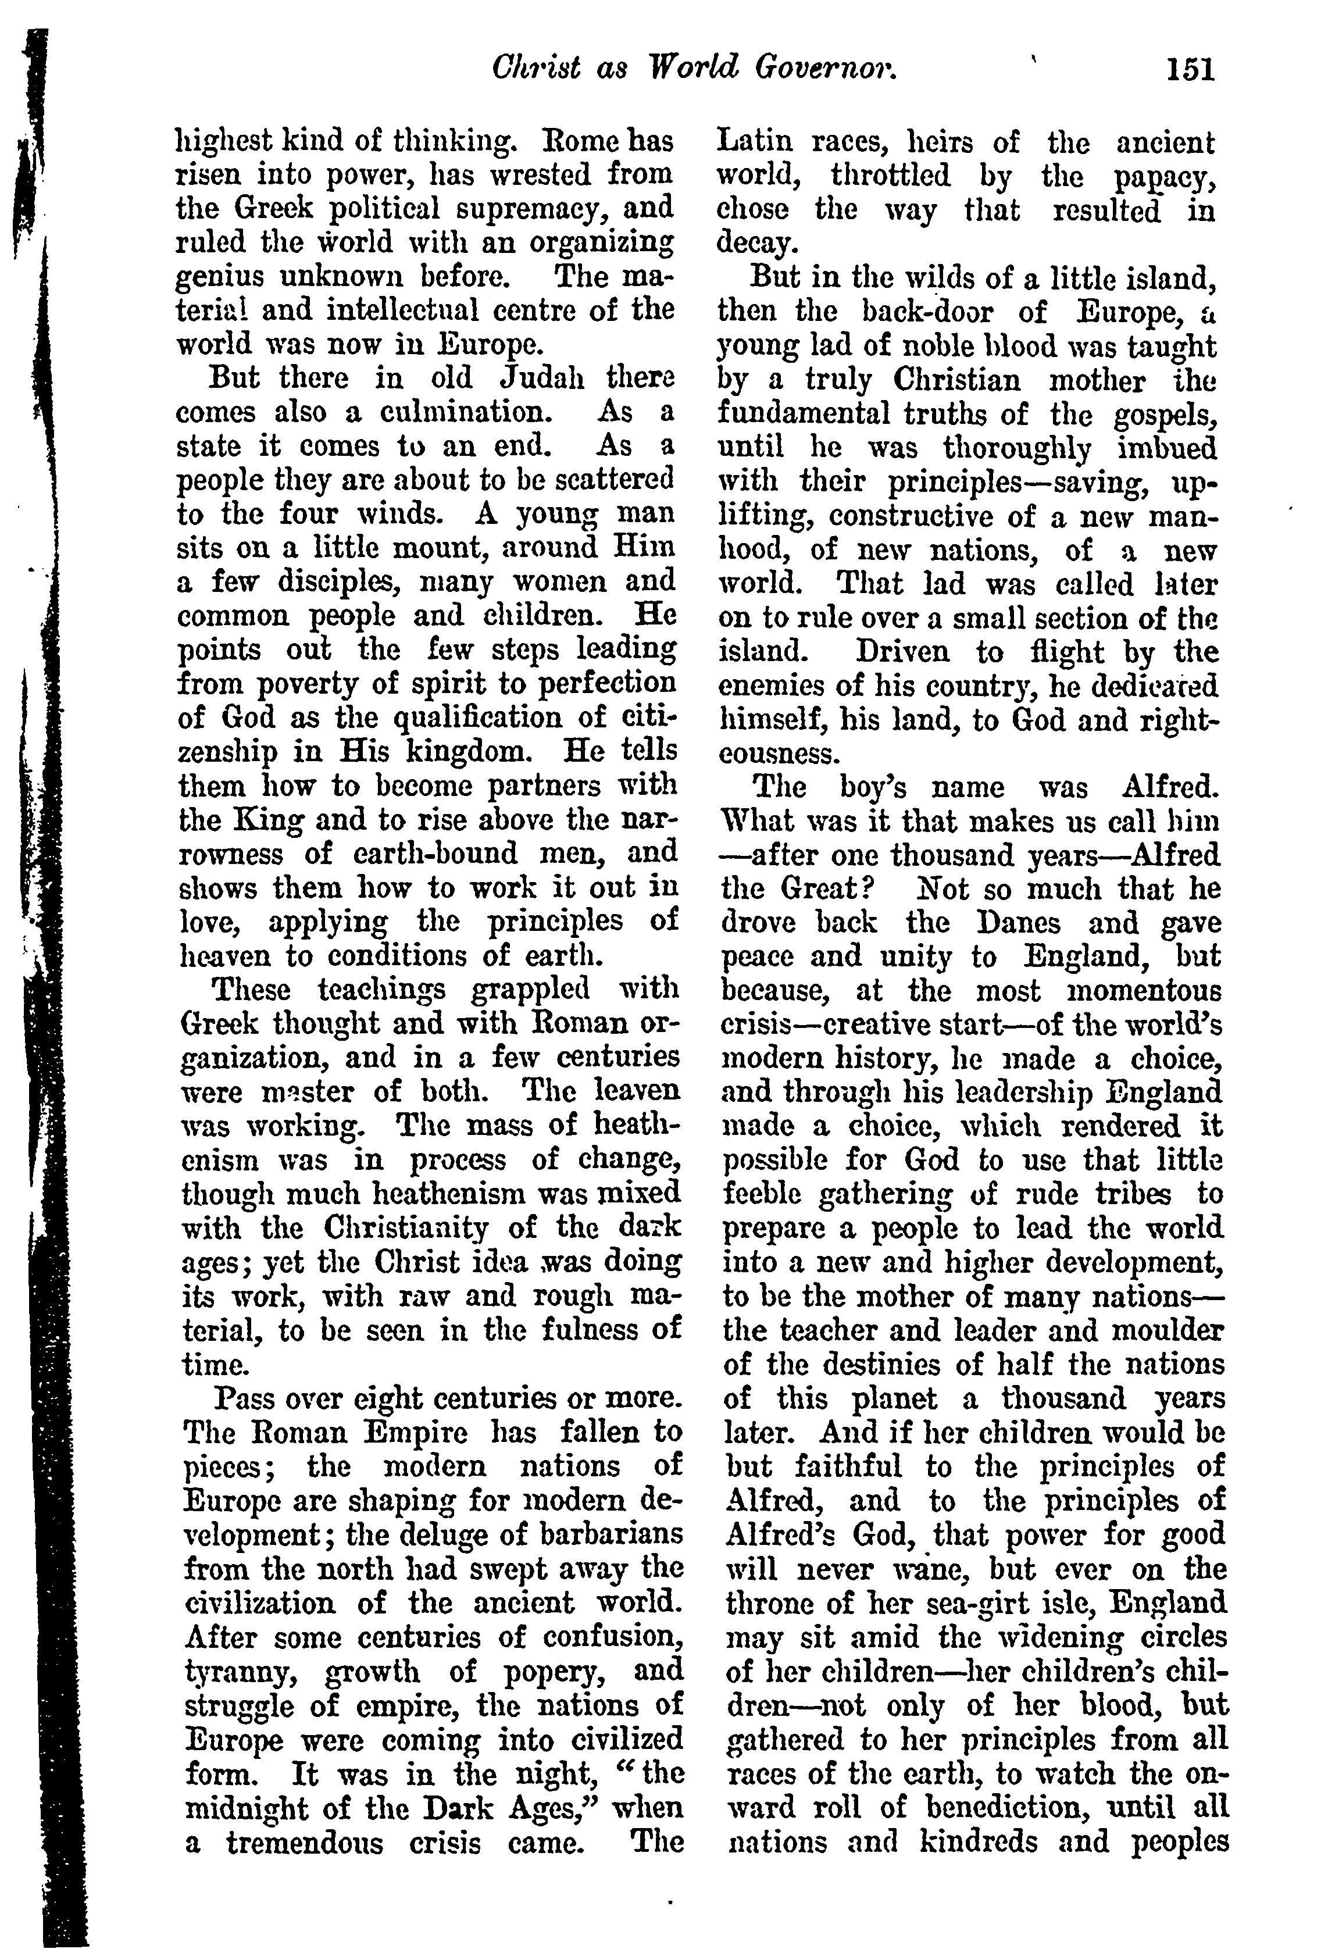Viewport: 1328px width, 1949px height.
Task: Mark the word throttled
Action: pyautogui.click(x=890, y=176)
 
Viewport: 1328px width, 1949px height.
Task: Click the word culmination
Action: pyautogui.click(x=466, y=413)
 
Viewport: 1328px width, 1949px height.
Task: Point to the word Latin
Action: pyautogui.click(x=751, y=142)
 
